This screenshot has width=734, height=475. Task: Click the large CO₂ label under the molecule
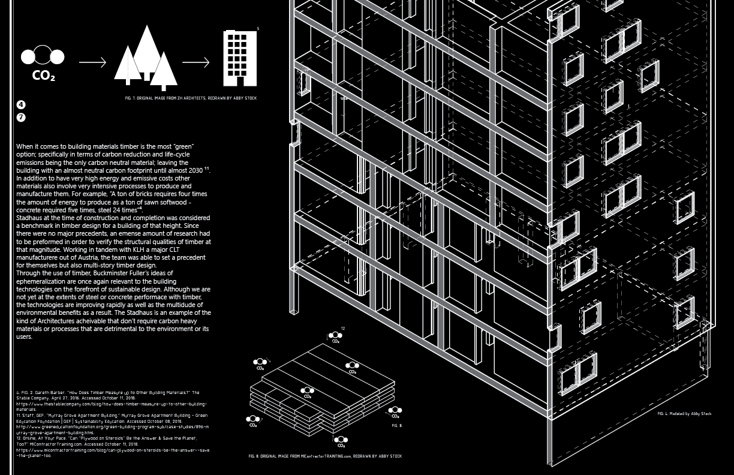tap(43, 76)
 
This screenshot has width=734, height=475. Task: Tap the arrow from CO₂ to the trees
tap(92, 62)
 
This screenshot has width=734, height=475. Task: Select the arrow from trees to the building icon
tap(195, 62)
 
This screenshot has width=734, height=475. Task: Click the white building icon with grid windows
tap(240, 58)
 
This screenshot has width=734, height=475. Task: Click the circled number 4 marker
tap(21, 105)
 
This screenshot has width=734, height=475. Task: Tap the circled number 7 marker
tap(21, 118)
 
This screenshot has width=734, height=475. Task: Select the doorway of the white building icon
tap(240, 81)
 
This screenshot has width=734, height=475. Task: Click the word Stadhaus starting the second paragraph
tap(31, 218)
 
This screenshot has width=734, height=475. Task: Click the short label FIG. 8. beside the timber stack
tap(397, 426)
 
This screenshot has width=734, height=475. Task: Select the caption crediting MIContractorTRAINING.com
tap(325, 456)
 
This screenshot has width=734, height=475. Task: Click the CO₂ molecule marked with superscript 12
tap(335, 337)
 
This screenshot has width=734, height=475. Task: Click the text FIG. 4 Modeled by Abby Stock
tap(684, 414)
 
